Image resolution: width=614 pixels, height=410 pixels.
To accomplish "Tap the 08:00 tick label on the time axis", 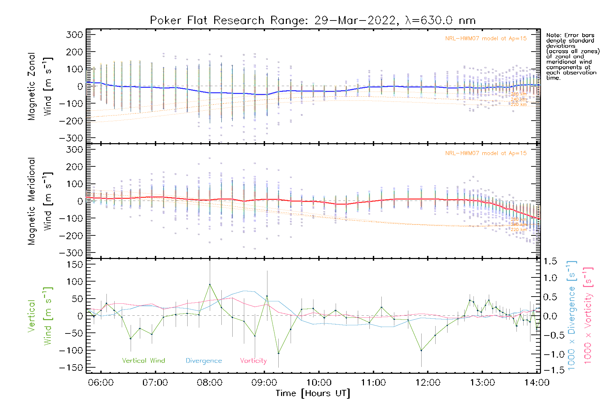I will [209, 383].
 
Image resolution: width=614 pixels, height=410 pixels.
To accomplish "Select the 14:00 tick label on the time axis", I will [537, 383].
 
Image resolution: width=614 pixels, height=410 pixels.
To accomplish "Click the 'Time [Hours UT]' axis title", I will [313, 394].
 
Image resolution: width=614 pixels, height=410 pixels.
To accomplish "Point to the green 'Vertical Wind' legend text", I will [143, 361].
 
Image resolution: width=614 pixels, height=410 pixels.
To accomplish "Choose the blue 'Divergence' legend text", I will [204, 361].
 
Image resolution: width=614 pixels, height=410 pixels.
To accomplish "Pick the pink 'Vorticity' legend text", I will [253, 361].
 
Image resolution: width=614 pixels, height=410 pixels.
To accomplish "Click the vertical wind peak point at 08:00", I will [210, 284].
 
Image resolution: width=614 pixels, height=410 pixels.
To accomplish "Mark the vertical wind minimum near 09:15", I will [278, 353].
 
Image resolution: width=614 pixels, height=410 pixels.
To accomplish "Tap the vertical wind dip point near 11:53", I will [421, 351].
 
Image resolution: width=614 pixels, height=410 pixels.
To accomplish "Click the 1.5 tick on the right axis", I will [550, 261].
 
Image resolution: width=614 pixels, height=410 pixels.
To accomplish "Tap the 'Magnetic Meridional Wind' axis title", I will [40, 201].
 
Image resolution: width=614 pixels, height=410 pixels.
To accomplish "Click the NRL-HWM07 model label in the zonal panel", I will [486, 39].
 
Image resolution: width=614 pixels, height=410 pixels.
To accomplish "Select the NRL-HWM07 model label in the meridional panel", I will [486, 153].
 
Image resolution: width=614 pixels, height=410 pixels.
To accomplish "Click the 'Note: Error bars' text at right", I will [570, 35].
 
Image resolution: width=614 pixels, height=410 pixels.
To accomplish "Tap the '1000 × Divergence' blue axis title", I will [572, 315].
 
